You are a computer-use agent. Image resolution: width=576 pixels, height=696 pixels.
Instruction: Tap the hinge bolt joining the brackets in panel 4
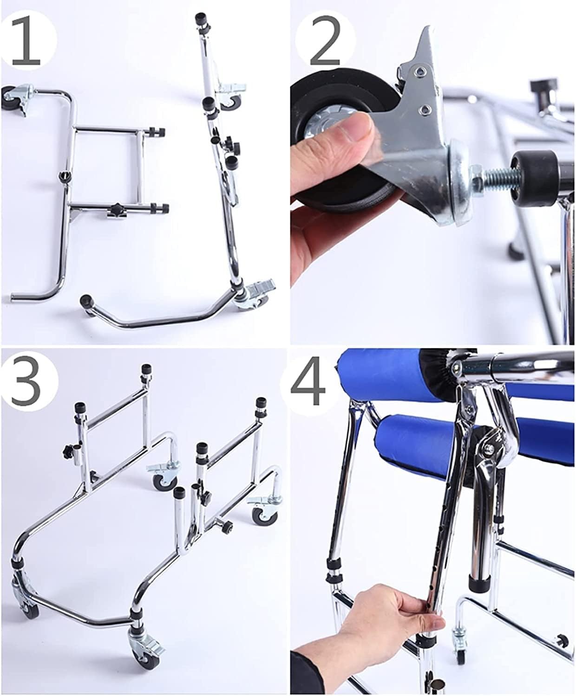coord(490,448)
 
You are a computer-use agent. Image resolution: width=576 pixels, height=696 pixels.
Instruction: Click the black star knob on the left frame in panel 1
coord(114,212)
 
